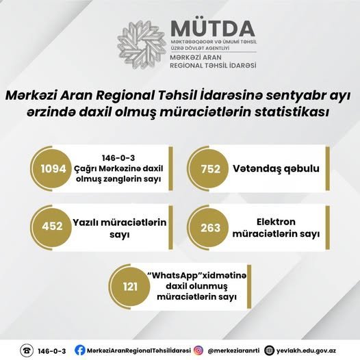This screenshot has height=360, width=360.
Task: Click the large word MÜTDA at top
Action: tap(213, 29)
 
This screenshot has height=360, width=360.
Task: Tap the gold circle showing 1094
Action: tap(53, 169)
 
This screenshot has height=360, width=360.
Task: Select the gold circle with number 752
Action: tap(210, 169)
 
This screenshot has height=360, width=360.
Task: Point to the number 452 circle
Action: tap(52, 226)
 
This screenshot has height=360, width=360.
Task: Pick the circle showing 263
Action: tap(210, 227)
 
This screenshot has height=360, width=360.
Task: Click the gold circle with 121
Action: tap(130, 287)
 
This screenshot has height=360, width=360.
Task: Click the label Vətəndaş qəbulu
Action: tap(277, 169)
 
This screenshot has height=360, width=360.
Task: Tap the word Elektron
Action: tap(276, 222)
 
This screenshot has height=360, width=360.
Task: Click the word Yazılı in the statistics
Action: tap(86, 222)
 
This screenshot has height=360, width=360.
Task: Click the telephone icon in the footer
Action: tap(27, 350)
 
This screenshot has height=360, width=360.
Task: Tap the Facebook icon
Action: tap(80, 350)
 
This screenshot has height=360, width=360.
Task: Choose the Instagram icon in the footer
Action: tap(198, 350)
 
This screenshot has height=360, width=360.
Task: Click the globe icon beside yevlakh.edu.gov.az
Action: tap(269, 350)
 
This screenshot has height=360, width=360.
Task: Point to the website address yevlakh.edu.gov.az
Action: tap(307, 351)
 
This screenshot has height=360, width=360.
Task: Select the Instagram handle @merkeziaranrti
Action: tap(233, 350)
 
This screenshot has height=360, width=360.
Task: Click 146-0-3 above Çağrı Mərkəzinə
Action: tap(118, 158)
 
